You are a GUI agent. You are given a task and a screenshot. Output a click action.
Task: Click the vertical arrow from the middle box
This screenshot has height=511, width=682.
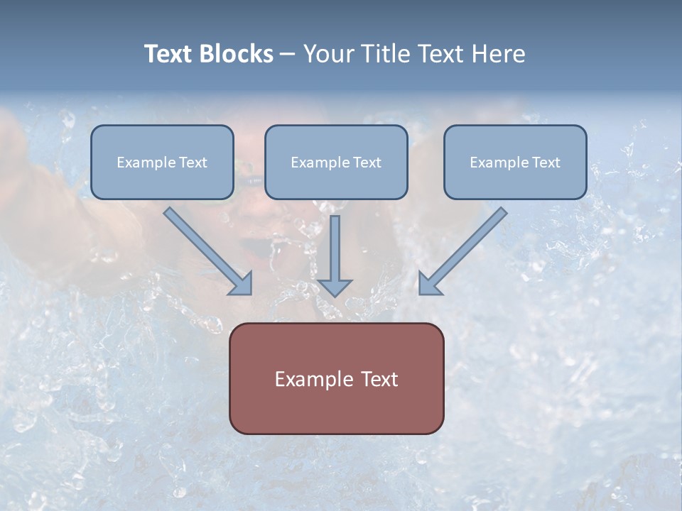coord(335,248)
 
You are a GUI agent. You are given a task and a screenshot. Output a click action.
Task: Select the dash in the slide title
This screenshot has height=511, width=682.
coord(288,54)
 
